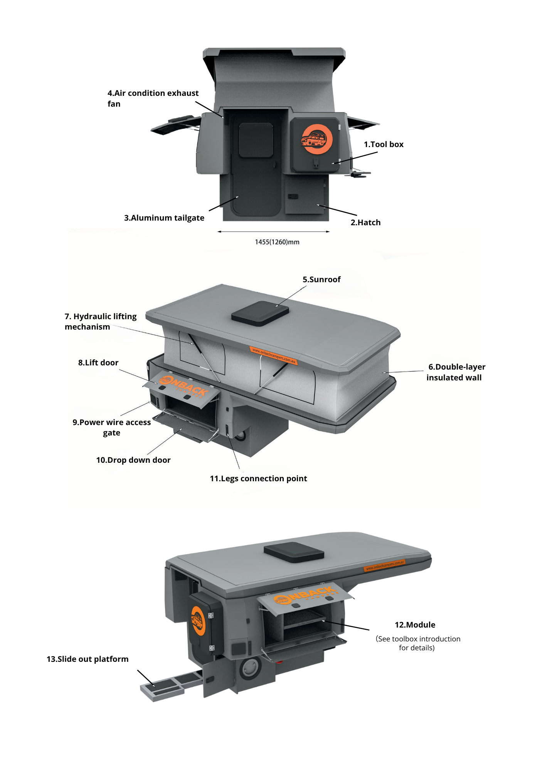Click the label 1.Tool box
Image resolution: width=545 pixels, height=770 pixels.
[384, 144]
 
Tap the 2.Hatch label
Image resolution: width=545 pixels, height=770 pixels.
[365, 223]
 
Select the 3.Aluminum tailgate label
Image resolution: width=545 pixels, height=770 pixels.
[164, 218]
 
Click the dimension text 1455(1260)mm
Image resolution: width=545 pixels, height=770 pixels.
[277, 242]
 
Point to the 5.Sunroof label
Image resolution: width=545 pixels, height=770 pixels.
[321, 280]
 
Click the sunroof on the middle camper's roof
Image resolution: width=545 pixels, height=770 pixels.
[260, 313]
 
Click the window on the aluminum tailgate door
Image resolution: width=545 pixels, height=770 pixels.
[256, 140]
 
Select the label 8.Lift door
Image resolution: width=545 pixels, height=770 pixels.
[98, 363]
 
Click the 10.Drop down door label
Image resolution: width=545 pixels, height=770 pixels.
[133, 460]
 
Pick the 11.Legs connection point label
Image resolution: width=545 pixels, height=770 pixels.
[258, 479]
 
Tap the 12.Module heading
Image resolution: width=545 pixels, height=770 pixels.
[415, 625]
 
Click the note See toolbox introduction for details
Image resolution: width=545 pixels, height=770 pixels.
[418, 643]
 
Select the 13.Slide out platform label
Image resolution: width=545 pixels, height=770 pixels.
[87, 659]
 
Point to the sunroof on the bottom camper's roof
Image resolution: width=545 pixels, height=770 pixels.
[294, 552]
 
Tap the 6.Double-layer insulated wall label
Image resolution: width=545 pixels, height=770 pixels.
[455, 372]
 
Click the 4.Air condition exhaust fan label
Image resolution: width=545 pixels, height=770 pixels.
[153, 98]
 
